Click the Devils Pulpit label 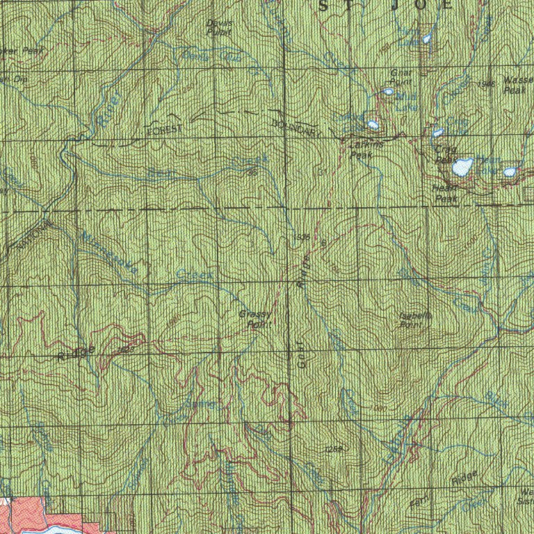pos(220,27)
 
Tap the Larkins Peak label pos(360,149)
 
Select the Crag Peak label pos(445,154)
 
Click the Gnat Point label pos(400,76)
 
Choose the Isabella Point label pos(416,320)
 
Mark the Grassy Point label pos(254,318)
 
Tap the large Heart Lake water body pos(462,167)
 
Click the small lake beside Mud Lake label pos(387,91)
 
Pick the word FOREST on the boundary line pos(164,130)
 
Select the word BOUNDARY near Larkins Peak pos(293,127)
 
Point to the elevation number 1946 pos(486,83)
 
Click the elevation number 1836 pos(301,238)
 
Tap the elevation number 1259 pos(332,451)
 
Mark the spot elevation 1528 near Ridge pos(126,350)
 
